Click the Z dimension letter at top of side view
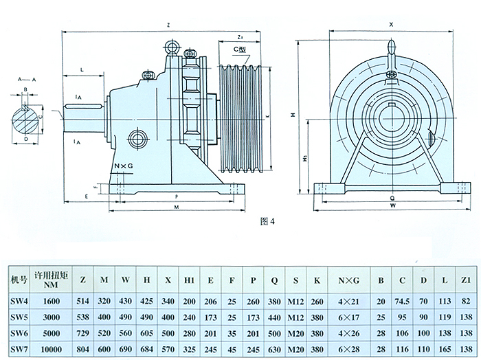(x=168, y=25)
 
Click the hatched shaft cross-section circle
(x=26, y=117)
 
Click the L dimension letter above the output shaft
(x=82, y=70)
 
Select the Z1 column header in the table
(x=466, y=280)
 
